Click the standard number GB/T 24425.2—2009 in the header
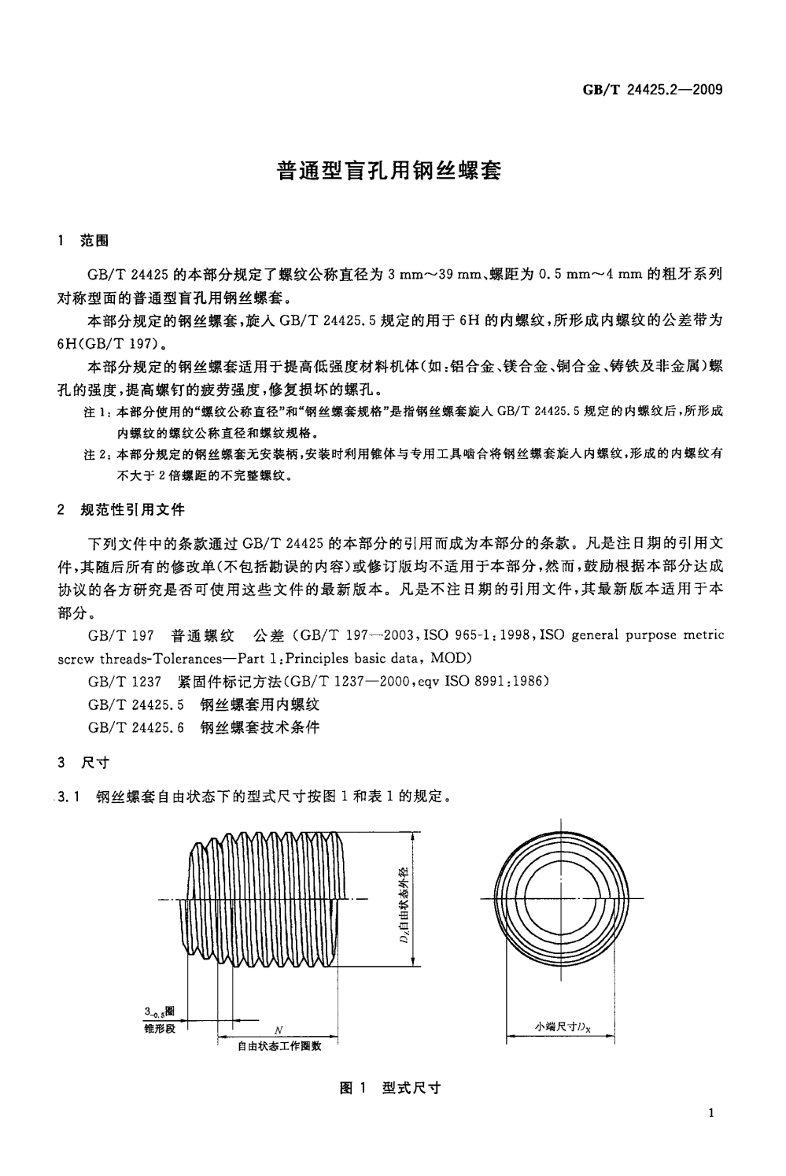pyautogui.click(x=651, y=89)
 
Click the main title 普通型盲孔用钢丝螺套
pyautogui.click(x=389, y=171)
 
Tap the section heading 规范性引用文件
pyautogui.click(x=133, y=509)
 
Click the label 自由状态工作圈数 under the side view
pyautogui.click(x=279, y=1046)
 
